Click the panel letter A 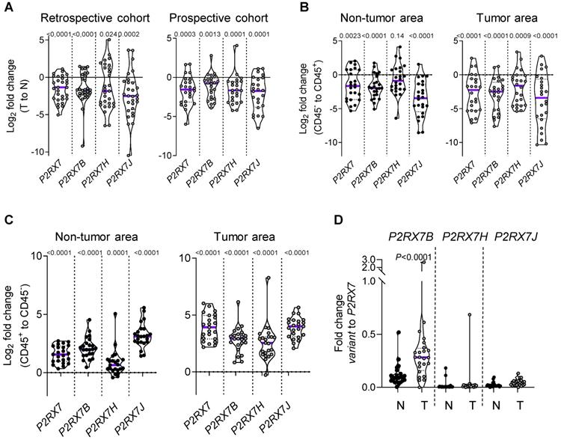tap(7, 7)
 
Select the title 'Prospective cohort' tap(216, 16)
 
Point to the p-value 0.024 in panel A tap(106, 34)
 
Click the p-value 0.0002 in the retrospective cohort tap(130, 34)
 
